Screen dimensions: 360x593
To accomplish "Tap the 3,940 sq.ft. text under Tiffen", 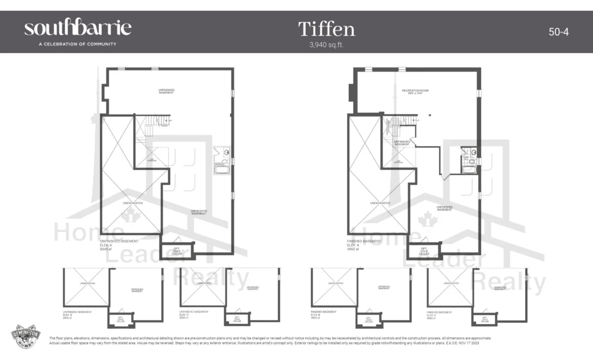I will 326,44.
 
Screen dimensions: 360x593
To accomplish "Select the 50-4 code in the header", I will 558,32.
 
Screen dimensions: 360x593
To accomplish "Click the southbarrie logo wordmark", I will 78,28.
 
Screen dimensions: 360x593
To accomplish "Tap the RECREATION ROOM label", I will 419,91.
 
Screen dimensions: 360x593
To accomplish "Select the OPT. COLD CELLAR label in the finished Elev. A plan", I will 423,251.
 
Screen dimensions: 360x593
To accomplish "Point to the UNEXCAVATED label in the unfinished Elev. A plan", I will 132,203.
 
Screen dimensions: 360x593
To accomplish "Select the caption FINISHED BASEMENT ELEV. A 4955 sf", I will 364,244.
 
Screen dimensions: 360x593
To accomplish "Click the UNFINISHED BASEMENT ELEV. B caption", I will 77,314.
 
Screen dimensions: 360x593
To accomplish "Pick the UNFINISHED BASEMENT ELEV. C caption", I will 195,314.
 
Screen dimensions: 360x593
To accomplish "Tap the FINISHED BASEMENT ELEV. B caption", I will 324,314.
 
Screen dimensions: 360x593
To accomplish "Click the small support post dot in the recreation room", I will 429,115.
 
